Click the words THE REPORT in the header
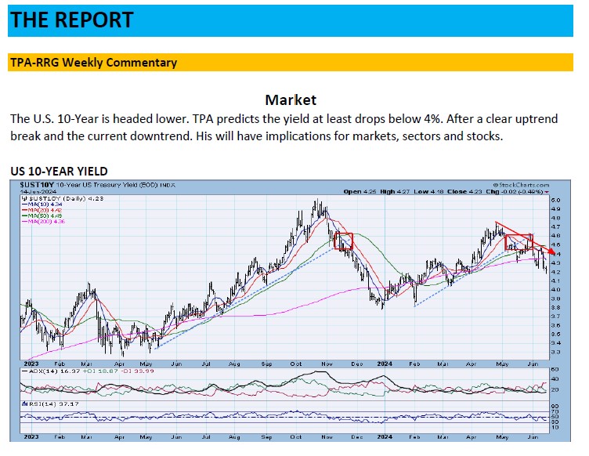click(72, 20)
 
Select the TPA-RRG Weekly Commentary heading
click(93, 63)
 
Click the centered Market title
click(291, 100)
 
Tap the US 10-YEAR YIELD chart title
click(59, 171)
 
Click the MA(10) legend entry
click(39, 204)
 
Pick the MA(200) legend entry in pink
click(42, 221)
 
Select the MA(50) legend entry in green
click(39, 215)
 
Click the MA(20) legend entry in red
click(39, 210)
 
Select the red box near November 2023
click(343, 241)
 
